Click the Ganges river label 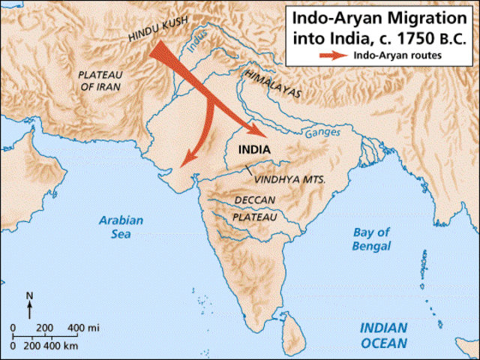(x=322, y=134)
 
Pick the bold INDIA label (x=256, y=148)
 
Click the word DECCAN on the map (x=254, y=200)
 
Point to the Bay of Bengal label (x=373, y=238)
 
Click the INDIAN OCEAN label (x=383, y=335)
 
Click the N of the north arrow (x=29, y=295)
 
